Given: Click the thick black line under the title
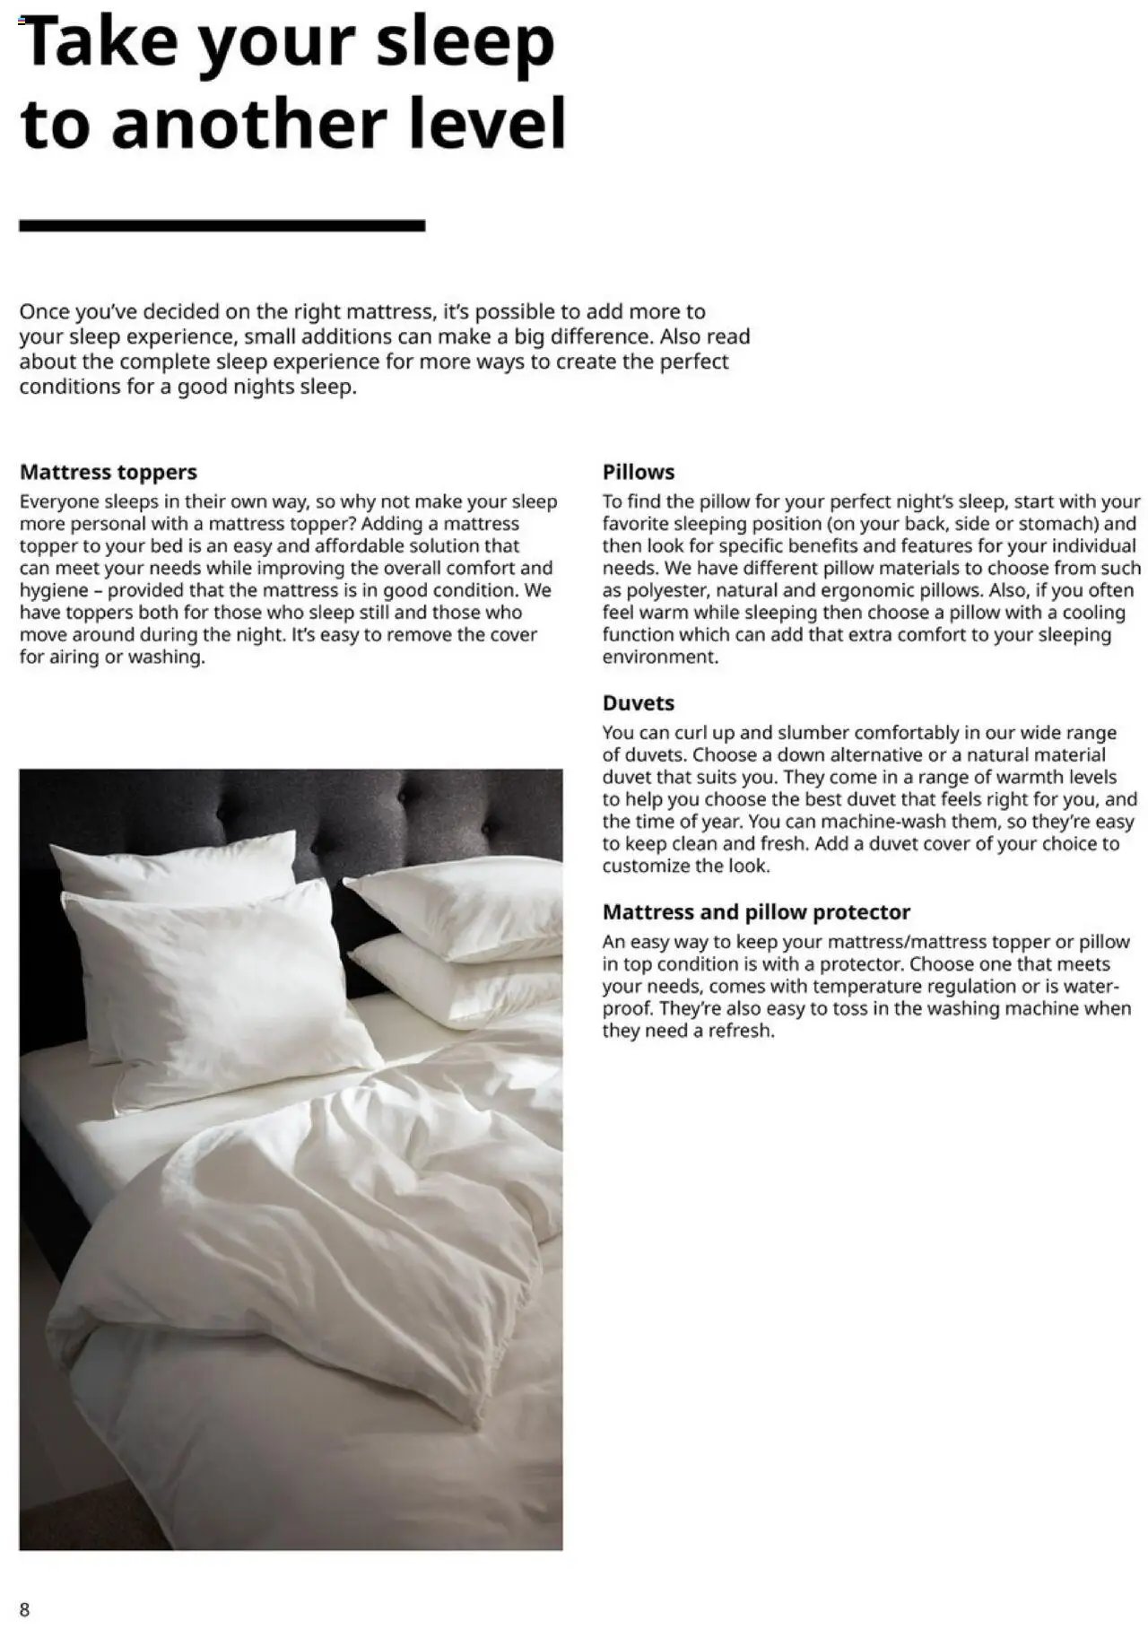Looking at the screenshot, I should click(x=222, y=226).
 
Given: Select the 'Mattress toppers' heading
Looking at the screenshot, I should click(x=108, y=472).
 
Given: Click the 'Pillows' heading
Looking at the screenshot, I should click(x=638, y=472).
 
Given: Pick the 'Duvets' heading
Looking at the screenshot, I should click(x=638, y=703).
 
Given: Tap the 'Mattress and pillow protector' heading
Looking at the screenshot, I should click(x=755, y=912).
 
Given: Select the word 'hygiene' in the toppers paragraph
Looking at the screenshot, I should click(x=54, y=590).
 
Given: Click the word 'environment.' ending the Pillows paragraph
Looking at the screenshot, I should click(x=660, y=657).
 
